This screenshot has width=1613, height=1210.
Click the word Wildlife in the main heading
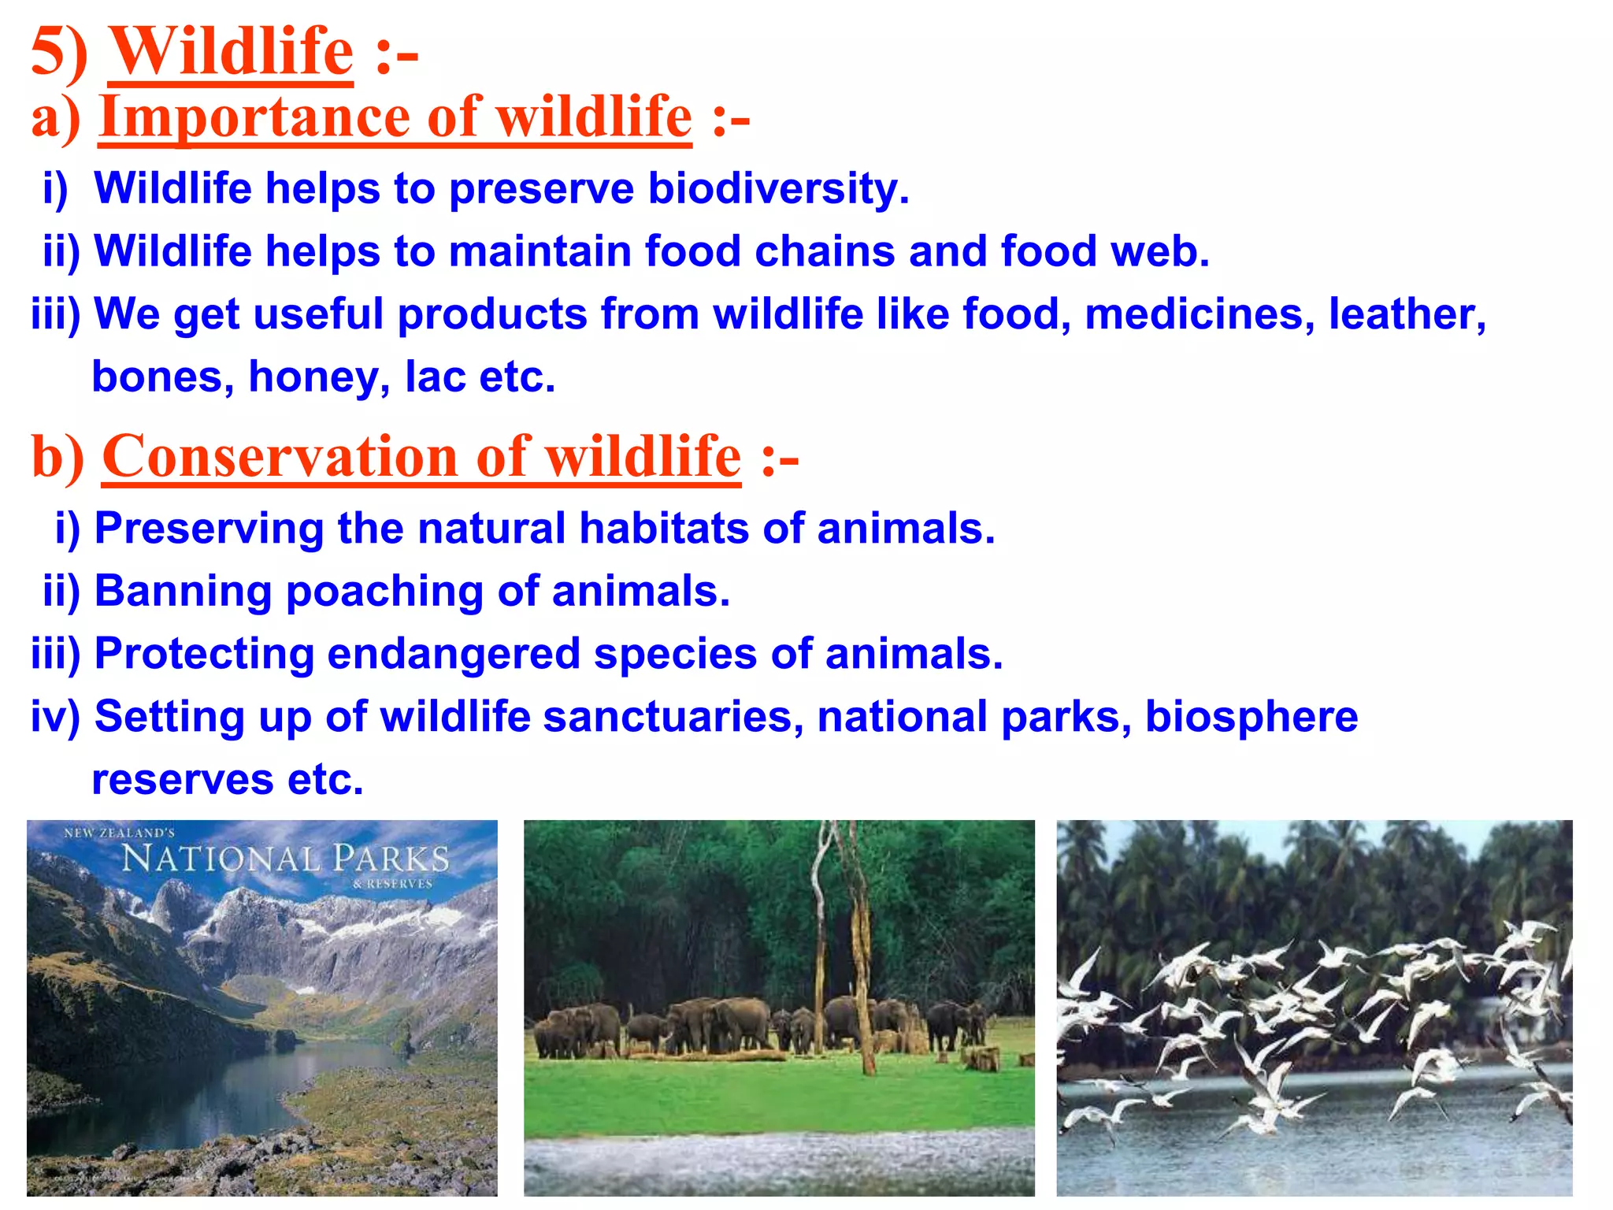click(230, 52)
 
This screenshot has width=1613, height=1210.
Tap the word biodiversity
click(777, 189)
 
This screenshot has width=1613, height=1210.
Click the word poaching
click(384, 591)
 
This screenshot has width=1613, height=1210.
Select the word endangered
click(453, 654)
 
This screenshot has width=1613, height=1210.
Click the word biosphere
click(1251, 717)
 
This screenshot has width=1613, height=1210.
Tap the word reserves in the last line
click(183, 780)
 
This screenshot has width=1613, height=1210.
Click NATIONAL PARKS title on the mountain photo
click(285, 859)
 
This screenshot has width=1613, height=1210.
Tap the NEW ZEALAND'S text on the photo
click(119, 833)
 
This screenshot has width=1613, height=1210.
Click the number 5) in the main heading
click(58, 52)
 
